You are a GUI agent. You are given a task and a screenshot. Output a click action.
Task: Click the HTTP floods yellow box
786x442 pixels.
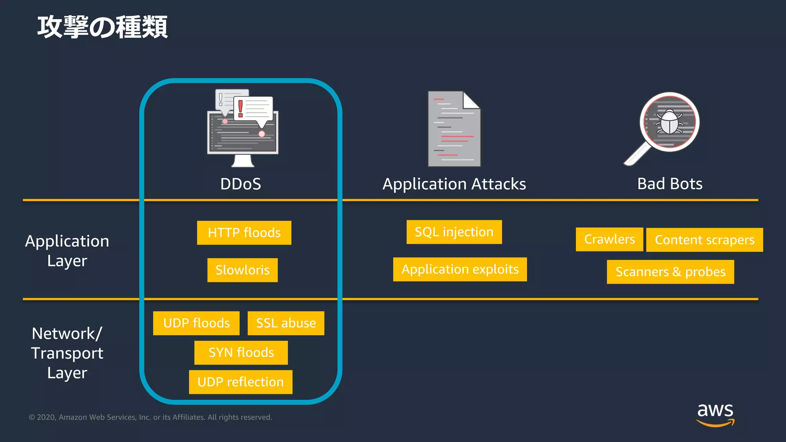244,233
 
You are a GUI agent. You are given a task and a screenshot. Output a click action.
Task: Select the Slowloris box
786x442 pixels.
243,270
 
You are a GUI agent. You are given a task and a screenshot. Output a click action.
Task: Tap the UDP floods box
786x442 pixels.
196,323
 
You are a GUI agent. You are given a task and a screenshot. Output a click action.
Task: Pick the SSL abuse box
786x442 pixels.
286,323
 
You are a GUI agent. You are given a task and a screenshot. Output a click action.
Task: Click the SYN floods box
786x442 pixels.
241,352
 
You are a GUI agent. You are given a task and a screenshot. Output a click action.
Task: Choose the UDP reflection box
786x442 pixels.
241,382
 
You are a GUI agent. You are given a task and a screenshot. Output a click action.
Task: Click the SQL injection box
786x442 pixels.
454,232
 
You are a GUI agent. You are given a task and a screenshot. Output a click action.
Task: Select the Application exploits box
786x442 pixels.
460,269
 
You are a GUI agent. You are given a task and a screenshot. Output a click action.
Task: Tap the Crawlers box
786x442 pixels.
609,239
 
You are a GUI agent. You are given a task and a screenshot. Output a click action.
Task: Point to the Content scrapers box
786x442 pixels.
705,240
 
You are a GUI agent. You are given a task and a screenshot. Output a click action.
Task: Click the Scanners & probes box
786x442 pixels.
670,272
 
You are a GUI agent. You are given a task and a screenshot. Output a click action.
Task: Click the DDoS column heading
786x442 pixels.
241,184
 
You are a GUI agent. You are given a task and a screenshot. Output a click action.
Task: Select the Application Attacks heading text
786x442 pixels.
454,184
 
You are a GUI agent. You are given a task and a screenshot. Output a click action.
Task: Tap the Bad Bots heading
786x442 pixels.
670,184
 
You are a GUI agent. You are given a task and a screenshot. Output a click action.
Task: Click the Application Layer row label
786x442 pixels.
67,251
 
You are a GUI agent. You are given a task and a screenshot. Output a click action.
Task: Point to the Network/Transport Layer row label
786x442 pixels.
67,353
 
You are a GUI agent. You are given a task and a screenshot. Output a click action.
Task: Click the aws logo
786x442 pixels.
715,414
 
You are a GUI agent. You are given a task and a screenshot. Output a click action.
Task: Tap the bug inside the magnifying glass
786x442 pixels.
669,122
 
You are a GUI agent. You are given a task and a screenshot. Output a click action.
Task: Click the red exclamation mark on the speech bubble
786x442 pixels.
241,109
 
